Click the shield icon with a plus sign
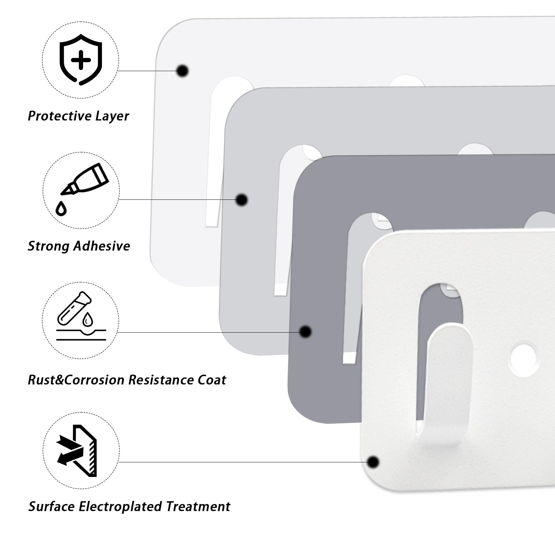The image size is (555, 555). [81, 60]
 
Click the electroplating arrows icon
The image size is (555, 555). [77, 451]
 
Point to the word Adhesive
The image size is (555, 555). [102, 246]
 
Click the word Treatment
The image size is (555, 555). [198, 507]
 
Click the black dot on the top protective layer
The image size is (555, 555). [182, 71]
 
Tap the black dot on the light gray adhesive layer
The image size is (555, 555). [241, 200]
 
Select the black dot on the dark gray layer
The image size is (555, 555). [305, 332]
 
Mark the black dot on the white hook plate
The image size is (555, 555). [373, 462]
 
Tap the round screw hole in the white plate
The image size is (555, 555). [524, 360]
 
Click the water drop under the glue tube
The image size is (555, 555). [61, 208]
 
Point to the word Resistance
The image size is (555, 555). [161, 380]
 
